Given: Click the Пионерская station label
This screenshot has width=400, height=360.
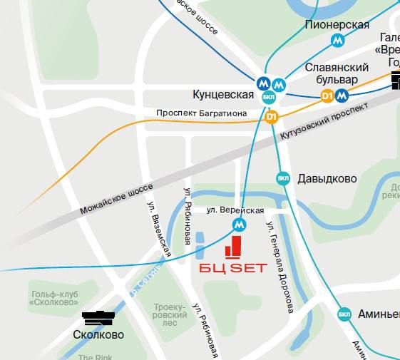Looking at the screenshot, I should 337,25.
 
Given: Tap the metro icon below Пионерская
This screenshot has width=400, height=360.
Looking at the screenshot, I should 337,41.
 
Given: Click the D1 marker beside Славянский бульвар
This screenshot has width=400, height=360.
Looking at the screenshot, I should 327,95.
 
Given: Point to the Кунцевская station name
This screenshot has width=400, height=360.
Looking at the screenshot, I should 223,95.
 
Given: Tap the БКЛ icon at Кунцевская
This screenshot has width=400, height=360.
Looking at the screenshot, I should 269,96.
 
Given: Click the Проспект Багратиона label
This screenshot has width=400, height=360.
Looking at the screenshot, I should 201,113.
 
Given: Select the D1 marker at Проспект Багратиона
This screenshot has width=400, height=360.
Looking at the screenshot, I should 271,117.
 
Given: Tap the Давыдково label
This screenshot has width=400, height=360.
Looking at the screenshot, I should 327,178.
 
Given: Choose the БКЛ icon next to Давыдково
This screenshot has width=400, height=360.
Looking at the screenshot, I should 284,178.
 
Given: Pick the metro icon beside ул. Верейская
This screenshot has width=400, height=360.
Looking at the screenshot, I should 240,225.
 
